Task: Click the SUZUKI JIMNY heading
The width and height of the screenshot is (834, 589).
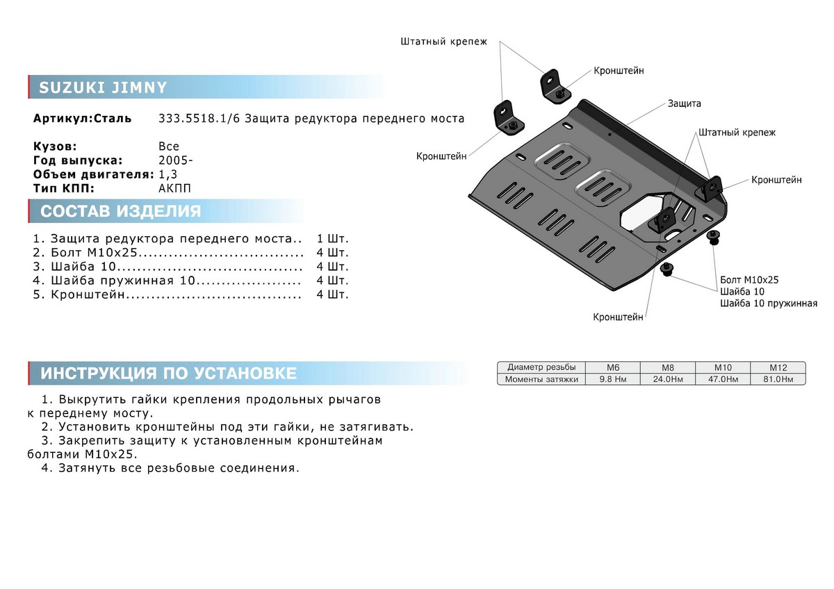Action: [103, 88]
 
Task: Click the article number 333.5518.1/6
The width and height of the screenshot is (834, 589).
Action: [200, 118]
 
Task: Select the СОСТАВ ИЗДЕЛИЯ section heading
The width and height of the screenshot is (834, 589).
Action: [121, 211]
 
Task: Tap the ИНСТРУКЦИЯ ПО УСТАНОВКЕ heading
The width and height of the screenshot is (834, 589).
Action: [169, 373]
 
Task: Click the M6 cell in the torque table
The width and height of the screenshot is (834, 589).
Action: [612, 367]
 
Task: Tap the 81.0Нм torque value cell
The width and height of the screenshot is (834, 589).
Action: [778, 379]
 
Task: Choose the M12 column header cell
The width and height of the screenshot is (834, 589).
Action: [778, 367]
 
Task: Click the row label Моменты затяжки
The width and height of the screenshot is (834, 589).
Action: [541, 379]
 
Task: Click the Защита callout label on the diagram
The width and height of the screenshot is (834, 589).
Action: [684, 103]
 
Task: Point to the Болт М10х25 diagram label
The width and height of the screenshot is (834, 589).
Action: [750, 280]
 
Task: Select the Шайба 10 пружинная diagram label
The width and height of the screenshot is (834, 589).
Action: [769, 304]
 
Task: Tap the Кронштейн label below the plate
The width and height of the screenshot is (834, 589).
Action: [618, 317]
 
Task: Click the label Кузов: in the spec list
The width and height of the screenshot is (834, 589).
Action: [55, 147]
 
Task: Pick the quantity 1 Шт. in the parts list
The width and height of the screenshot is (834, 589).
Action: [332, 238]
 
